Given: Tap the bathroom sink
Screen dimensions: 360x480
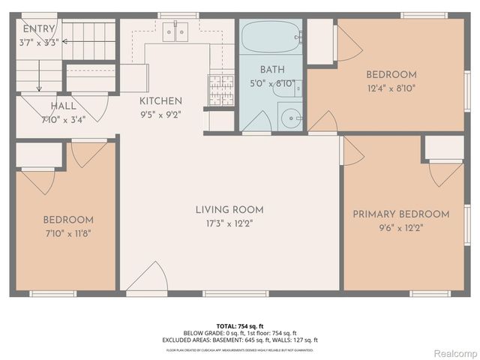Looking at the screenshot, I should pos(289,117).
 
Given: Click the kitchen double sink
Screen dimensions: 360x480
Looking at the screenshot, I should pos(175,32).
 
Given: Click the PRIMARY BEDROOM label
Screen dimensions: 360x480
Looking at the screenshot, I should pos(401,214).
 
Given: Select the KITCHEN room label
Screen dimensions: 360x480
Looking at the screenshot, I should pos(160,101).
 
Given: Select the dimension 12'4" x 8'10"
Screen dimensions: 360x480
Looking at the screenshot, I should pos(391,87).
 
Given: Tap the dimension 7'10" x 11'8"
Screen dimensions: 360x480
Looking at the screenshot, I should pos(67,232).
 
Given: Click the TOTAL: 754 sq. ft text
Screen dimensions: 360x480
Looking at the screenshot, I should pos(240,326).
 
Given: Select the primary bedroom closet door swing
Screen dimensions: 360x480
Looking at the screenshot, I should pos(445,173).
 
